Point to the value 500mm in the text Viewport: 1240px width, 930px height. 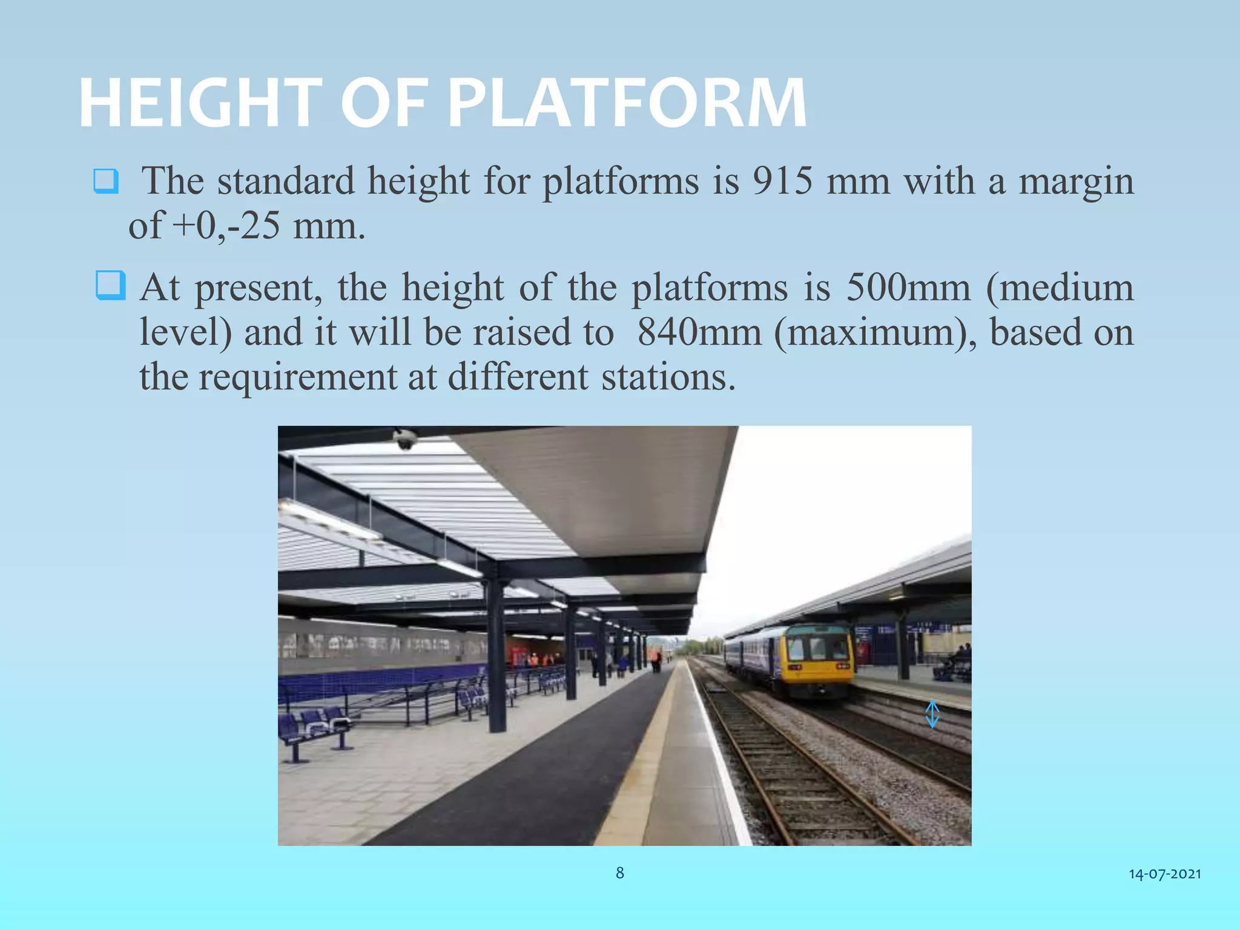(x=908, y=287)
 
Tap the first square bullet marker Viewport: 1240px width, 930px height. (x=106, y=181)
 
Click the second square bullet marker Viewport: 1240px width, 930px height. (x=111, y=286)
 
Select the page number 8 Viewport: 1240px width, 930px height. (x=619, y=872)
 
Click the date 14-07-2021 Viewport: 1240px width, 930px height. (x=1165, y=874)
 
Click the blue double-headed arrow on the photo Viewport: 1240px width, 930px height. (x=932, y=714)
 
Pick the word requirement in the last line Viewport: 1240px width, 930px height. (x=297, y=378)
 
